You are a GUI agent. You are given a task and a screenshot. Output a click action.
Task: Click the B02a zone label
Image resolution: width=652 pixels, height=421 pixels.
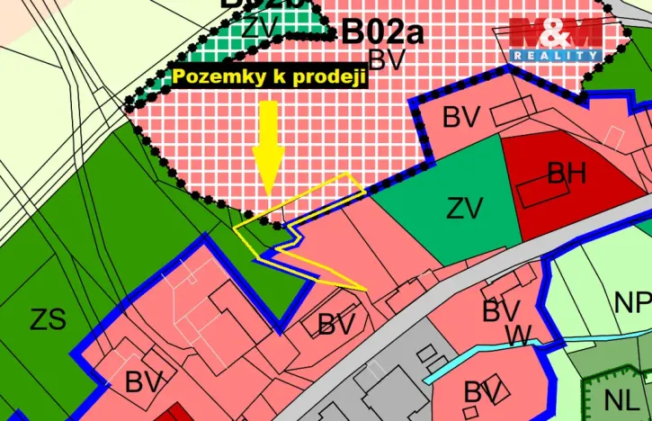(x=382, y=33)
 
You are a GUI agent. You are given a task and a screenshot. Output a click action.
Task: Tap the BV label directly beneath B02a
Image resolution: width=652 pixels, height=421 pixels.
(x=389, y=60)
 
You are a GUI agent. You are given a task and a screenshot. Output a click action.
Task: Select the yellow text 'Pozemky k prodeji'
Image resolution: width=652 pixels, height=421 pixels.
(x=269, y=77)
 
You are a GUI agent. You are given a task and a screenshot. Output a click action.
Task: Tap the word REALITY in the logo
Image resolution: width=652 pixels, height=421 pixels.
(x=556, y=56)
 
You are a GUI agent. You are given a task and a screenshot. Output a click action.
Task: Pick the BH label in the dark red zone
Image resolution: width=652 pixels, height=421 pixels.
(x=567, y=173)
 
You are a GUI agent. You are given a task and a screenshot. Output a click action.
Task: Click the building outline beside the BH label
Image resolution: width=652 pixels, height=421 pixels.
(x=538, y=190)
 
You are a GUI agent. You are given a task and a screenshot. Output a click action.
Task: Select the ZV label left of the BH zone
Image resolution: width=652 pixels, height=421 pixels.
(x=465, y=209)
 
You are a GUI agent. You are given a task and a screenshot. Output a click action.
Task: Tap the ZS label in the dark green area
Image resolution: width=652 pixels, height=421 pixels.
(x=48, y=318)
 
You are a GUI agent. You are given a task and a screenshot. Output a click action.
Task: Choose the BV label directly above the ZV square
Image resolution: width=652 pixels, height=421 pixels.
(x=461, y=117)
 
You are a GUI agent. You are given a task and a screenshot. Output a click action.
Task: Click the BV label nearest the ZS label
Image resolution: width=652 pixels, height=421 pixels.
(x=144, y=382)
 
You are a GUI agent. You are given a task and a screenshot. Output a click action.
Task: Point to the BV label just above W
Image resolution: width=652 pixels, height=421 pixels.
(x=501, y=311)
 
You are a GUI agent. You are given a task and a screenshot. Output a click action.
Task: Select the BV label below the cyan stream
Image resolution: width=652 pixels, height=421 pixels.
(x=483, y=392)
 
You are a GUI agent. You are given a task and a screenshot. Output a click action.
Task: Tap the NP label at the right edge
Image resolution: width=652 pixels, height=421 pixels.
(x=633, y=303)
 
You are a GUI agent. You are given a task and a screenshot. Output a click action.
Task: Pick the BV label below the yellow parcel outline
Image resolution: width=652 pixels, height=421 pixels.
(x=337, y=324)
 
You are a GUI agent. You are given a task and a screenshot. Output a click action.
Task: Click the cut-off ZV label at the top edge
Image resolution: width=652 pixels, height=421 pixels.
(x=260, y=27)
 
